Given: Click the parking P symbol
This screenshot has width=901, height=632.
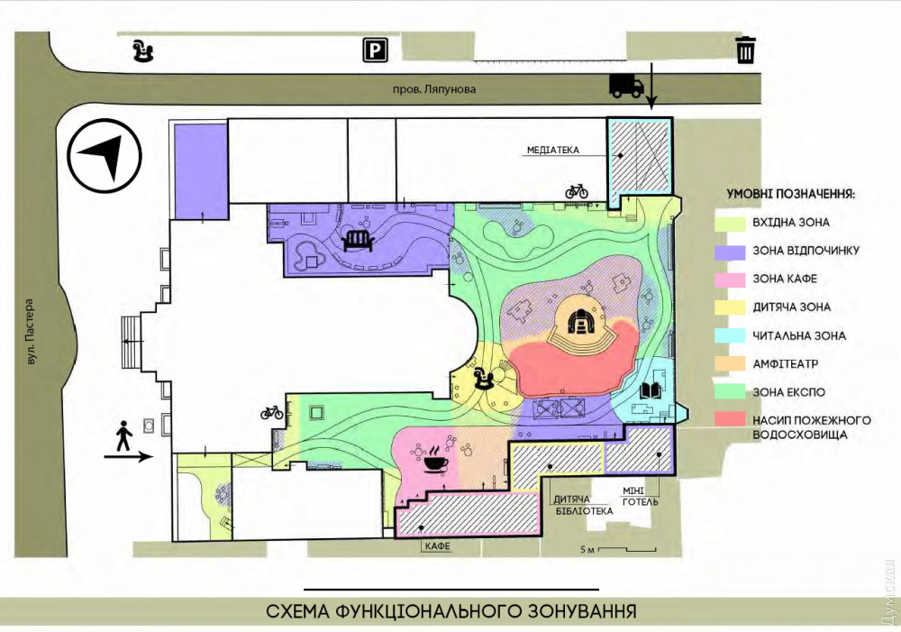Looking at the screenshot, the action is point(375,50).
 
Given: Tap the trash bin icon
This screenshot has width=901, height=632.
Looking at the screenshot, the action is point(745,50).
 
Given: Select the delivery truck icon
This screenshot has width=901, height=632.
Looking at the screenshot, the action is point(627,86).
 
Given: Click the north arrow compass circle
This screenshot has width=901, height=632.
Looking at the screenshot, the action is point(104,155).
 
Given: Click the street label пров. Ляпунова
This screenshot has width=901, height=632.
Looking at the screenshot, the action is point(434,90).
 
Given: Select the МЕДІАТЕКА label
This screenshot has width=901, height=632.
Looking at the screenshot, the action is point(553,150).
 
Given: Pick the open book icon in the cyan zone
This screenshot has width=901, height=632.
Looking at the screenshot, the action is point(651,391).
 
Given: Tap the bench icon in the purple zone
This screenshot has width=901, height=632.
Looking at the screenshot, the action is point(358,242).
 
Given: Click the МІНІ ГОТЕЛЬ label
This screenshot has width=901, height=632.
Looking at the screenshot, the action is point(640,496).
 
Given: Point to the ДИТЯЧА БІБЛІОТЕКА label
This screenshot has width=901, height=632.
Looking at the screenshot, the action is point(583,506).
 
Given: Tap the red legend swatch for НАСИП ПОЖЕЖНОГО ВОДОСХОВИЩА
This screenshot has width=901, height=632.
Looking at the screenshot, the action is point(731,419).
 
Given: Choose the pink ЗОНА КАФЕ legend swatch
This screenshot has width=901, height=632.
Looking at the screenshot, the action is point(731,279).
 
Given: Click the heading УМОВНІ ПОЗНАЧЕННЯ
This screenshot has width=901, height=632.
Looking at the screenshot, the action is point(791,194).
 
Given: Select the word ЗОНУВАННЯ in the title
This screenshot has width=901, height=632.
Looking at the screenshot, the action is point(572,610).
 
